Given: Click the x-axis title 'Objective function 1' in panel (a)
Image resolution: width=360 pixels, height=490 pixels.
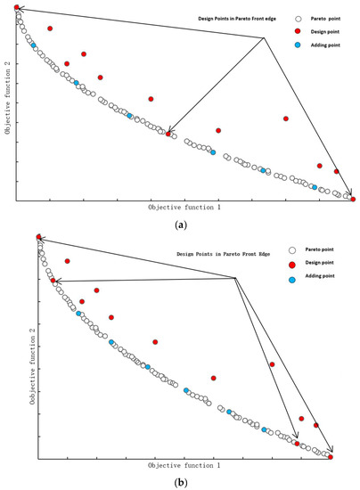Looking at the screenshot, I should tap(184, 207).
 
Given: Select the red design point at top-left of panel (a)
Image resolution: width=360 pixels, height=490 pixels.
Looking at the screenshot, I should tap(17, 7).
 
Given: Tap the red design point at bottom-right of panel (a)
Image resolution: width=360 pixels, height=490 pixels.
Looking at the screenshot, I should tap(354, 200).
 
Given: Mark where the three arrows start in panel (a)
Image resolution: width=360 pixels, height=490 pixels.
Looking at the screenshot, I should tap(265, 37).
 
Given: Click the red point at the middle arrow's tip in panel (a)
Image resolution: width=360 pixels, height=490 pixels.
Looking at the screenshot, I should tap(168, 134).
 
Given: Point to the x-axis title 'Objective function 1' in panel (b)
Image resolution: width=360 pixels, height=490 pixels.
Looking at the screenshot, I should tap(184, 465).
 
